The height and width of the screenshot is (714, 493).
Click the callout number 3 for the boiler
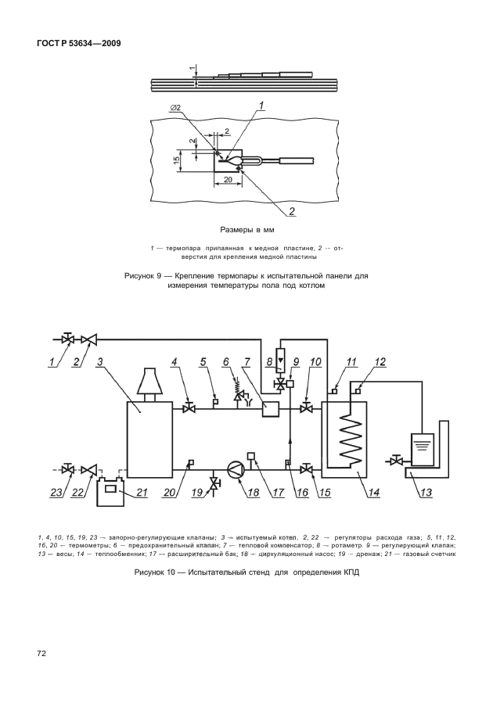100,362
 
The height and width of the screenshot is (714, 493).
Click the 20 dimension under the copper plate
227,179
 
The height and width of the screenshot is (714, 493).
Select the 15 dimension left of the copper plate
177,160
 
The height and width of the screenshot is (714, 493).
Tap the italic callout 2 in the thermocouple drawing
292,211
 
